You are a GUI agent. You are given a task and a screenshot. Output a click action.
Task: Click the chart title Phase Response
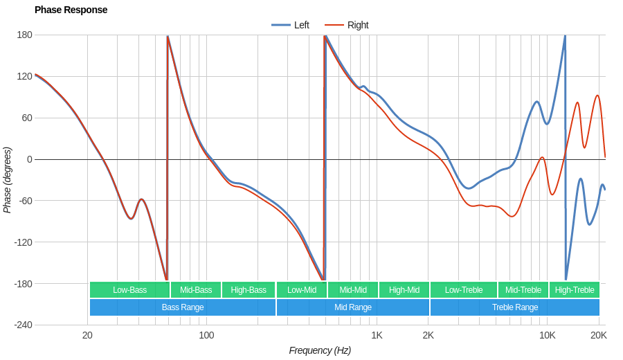click(x=71, y=10)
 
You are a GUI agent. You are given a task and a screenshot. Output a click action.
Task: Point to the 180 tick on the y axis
click(x=24, y=35)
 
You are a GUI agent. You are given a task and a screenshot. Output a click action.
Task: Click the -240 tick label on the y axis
click(x=23, y=325)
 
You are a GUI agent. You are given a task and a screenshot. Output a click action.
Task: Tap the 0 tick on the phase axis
click(x=29, y=159)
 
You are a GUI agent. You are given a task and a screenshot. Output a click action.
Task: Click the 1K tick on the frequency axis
click(x=377, y=336)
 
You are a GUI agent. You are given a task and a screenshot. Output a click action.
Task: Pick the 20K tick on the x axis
click(x=599, y=336)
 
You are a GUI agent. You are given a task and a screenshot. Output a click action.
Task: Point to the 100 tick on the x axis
click(x=206, y=336)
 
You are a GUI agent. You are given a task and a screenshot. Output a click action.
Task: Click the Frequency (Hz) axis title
click(x=320, y=350)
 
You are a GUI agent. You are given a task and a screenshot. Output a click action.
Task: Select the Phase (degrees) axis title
click(x=8, y=180)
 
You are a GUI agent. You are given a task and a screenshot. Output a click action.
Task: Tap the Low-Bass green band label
click(x=130, y=290)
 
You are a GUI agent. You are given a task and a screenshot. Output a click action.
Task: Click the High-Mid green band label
click(x=404, y=290)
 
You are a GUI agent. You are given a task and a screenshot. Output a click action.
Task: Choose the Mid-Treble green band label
click(x=523, y=290)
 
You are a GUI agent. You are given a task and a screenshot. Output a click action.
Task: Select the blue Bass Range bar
click(x=183, y=307)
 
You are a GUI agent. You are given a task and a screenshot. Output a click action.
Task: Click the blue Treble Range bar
click(x=515, y=307)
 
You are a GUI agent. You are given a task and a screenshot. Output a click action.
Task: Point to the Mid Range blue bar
click(x=353, y=307)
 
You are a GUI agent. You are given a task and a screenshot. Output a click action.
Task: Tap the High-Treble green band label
click(x=575, y=290)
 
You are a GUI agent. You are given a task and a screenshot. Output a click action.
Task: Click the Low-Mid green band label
click(x=302, y=290)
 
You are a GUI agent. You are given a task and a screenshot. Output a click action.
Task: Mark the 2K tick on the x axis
click(x=428, y=336)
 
